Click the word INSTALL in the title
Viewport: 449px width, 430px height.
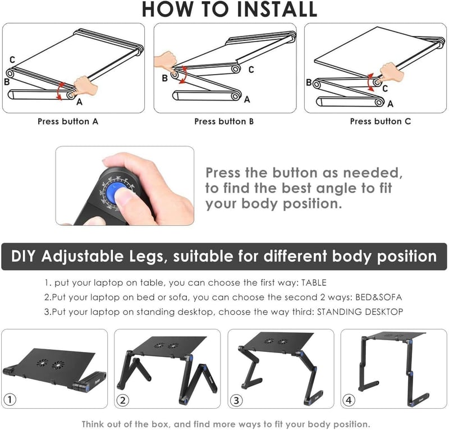[277, 9]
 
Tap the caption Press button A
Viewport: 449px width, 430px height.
[68, 121]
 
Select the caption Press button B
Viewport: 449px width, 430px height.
[224, 121]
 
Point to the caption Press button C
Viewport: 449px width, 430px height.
[381, 121]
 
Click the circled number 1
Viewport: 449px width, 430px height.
[10, 399]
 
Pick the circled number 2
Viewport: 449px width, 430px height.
[123, 400]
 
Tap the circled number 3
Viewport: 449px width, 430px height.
[236, 400]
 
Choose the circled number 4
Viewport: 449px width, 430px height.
[349, 400]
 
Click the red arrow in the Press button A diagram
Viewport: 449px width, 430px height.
[58, 92]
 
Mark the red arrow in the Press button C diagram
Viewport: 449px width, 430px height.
[369, 82]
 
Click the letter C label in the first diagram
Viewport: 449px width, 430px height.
[12, 60]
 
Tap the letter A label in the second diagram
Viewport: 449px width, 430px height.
[247, 99]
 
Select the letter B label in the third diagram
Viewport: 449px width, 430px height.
[309, 83]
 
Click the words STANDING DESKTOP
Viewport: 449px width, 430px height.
[360, 312]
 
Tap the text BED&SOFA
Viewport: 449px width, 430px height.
[378, 298]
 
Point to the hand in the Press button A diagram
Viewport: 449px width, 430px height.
[85, 86]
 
